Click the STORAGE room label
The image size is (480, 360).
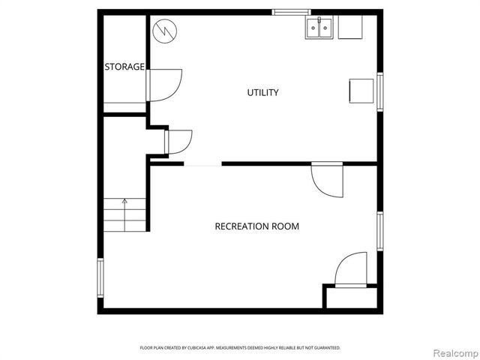[x=124, y=67]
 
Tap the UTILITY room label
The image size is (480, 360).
[x=262, y=92]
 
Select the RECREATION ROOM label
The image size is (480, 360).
[x=256, y=226]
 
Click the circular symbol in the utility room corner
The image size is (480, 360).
[x=163, y=31]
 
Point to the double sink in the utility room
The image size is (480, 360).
[x=319, y=28]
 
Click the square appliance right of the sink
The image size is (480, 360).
[x=349, y=28]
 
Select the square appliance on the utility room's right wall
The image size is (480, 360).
[x=361, y=91]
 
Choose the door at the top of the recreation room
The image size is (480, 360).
[x=328, y=180]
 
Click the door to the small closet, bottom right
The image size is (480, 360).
[x=351, y=270]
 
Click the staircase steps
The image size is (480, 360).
[x=124, y=214]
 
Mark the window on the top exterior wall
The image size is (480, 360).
[x=291, y=12]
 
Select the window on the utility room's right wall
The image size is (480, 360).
[x=380, y=91]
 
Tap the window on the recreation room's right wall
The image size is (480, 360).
[x=380, y=231]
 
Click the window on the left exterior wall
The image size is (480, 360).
[x=100, y=277]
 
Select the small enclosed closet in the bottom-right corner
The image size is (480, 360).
[x=349, y=296]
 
